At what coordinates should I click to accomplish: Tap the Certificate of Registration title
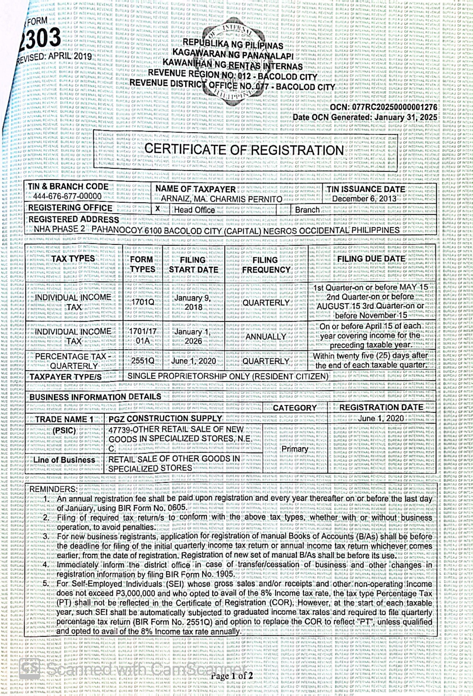(x=244, y=150)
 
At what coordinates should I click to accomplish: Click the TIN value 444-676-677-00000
(x=67, y=196)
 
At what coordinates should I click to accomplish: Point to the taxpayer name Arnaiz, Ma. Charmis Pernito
(x=222, y=199)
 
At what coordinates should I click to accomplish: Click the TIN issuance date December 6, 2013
(x=364, y=199)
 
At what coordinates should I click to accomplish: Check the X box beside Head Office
(x=158, y=209)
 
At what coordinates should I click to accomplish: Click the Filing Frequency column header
(x=266, y=265)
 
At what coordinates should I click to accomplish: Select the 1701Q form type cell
(x=143, y=302)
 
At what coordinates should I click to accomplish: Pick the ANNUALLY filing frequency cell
(x=266, y=337)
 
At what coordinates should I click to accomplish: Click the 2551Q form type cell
(x=143, y=361)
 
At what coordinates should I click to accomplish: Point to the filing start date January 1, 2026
(x=193, y=336)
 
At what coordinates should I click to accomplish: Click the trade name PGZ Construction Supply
(x=166, y=418)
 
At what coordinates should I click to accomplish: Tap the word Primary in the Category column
(x=295, y=449)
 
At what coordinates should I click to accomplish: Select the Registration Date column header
(x=381, y=407)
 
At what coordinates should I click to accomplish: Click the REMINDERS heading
(x=53, y=489)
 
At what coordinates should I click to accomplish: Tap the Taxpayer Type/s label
(x=66, y=377)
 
